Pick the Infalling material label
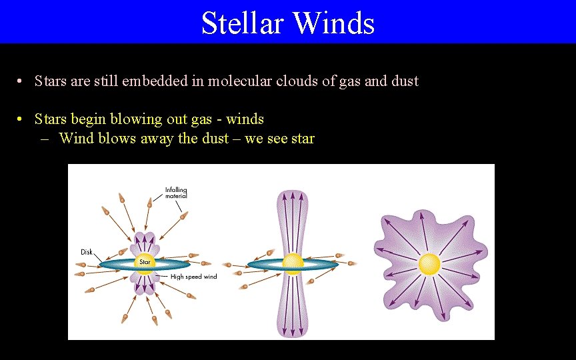176,193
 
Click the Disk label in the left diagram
87,252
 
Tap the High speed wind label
193,277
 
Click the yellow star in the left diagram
145,263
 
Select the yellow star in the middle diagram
292,264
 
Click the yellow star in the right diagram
429,264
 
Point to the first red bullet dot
21,82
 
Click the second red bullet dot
21,120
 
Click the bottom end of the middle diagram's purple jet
292,333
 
